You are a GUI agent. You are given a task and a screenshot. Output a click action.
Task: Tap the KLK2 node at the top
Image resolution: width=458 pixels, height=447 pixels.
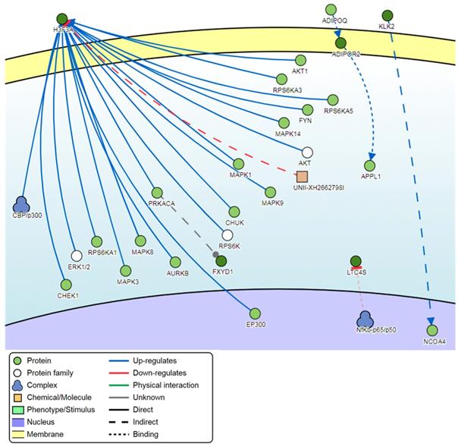coord(387,15)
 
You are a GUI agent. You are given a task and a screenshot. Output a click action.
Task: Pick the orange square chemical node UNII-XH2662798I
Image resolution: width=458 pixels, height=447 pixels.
coord(302,176)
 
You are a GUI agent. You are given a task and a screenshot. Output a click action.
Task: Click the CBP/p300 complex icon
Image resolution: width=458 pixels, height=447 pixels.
coord(22,203)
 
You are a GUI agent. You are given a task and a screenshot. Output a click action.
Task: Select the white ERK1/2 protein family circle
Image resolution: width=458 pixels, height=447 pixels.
coord(76,257)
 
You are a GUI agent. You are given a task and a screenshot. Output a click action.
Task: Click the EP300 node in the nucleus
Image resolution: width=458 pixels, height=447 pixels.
coord(255,313)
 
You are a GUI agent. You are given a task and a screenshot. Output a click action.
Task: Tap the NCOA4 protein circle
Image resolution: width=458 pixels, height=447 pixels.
coord(432,330)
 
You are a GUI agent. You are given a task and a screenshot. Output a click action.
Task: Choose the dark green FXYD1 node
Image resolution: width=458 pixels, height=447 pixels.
coord(221,261)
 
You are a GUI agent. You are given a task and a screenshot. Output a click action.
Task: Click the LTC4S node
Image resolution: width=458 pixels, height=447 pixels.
coord(356,261)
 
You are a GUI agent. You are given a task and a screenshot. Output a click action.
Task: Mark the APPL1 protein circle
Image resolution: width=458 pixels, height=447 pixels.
coord(370,165)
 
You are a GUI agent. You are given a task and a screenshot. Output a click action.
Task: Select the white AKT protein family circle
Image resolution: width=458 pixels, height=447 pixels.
coord(307,153)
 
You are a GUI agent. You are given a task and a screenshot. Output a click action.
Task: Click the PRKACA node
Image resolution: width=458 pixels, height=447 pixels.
coord(158,193)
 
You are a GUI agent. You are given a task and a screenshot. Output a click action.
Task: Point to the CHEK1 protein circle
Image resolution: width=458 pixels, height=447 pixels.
coord(64,285)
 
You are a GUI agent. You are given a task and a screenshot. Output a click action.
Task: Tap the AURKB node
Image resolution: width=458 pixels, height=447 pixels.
coord(176,262)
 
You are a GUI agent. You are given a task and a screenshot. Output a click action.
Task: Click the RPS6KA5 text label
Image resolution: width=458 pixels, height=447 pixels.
coord(340,111)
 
